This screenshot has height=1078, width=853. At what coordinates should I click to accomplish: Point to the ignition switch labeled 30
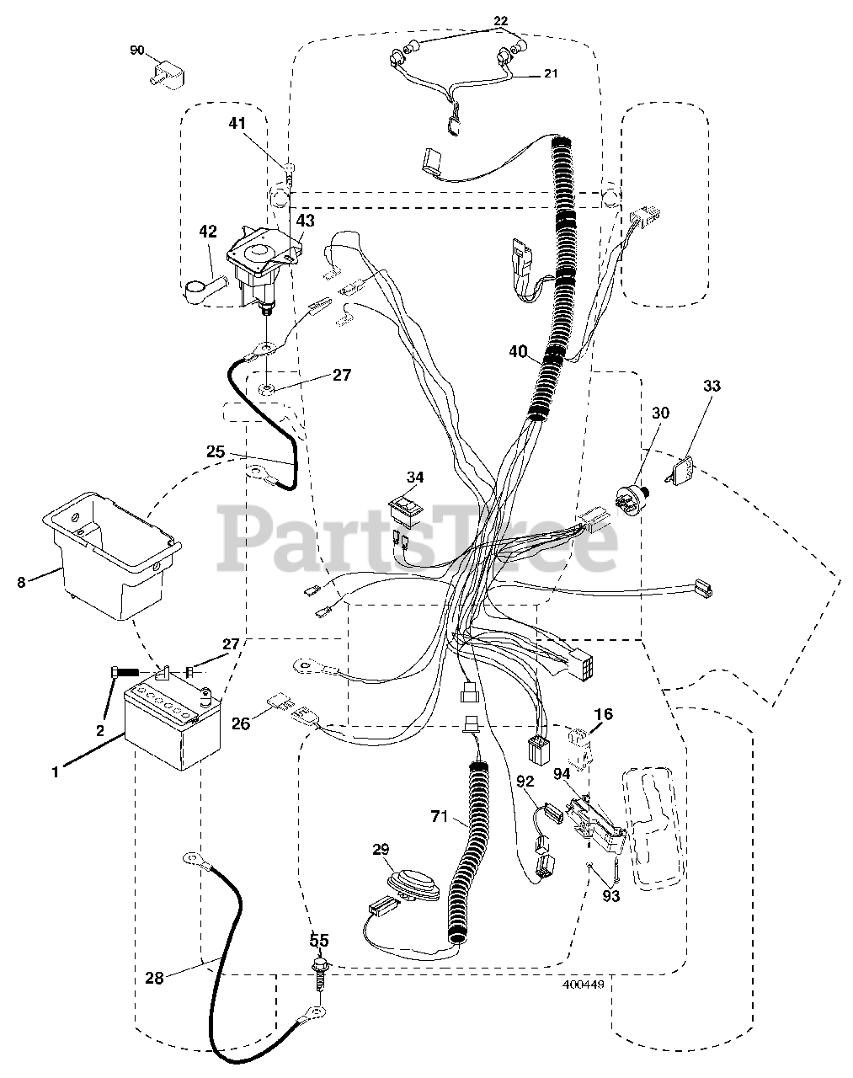(x=632, y=498)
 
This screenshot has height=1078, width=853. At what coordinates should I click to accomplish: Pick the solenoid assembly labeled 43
(x=261, y=261)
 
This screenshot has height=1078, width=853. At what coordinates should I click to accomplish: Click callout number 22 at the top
(x=500, y=20)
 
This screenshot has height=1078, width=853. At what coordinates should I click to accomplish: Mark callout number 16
(x=603, y=715)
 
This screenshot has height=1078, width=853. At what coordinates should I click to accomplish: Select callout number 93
(x=610, y=896)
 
